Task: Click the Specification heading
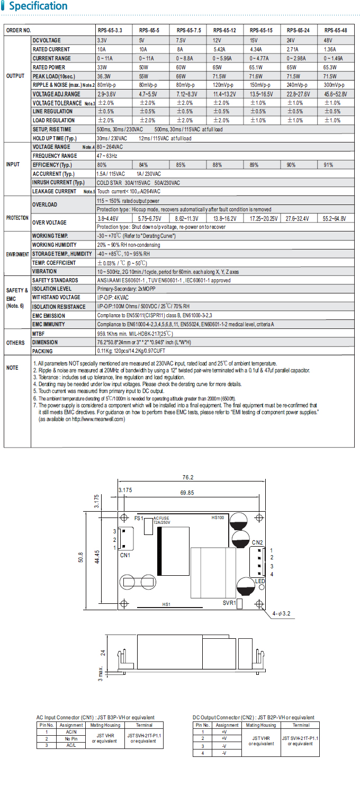click(38, 7)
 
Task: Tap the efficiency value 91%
click(329, 165)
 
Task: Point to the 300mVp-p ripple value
click(336, 85)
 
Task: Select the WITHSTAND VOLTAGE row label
click(56, 298)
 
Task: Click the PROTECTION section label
click(17, 218)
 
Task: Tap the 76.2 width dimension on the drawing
click(188, 477)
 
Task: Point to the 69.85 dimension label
click(187, 493)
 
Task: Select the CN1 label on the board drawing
click(125, 555)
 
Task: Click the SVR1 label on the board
click(230, 603)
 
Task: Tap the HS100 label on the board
click(218, 518)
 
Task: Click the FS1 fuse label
click(139, 518)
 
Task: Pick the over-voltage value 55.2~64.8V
click(334, 218)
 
